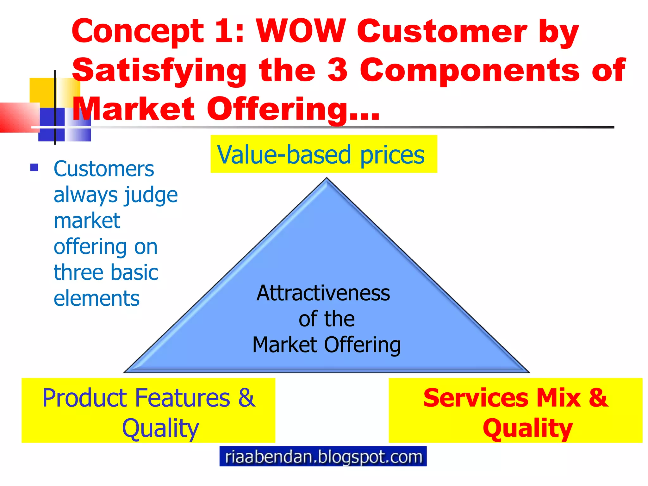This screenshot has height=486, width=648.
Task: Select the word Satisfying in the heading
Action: pyautogui.click(x=159, y=70)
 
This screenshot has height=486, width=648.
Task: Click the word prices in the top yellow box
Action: pyautogui.click(x=392, y=155)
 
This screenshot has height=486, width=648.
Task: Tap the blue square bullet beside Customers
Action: pyautogui.click(x=34, y=167)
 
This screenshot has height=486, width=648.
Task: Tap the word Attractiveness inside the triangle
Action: pyautogui.click(x=323, y=293)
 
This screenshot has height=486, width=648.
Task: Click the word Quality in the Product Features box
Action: pyautogui.click(x=160, y=428)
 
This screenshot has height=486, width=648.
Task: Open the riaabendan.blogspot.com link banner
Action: pyautogui.click(x=323, y=456)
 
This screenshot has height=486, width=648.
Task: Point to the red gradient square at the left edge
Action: pyautogui.click(x=17, y=117)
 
